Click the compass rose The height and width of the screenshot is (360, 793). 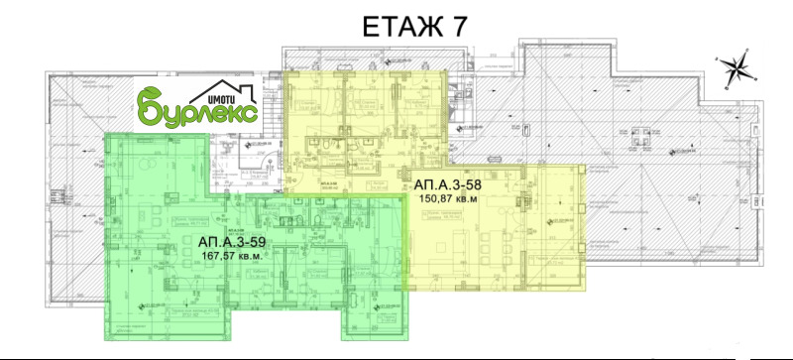pos(736,69)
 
